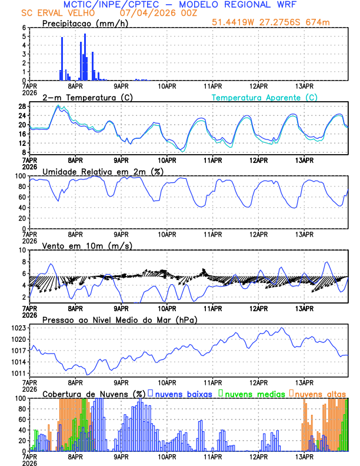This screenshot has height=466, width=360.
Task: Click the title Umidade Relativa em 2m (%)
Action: point(102,171)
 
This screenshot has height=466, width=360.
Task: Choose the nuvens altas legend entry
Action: point(321,393)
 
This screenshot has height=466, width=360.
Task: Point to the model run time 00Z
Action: point(168,13)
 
